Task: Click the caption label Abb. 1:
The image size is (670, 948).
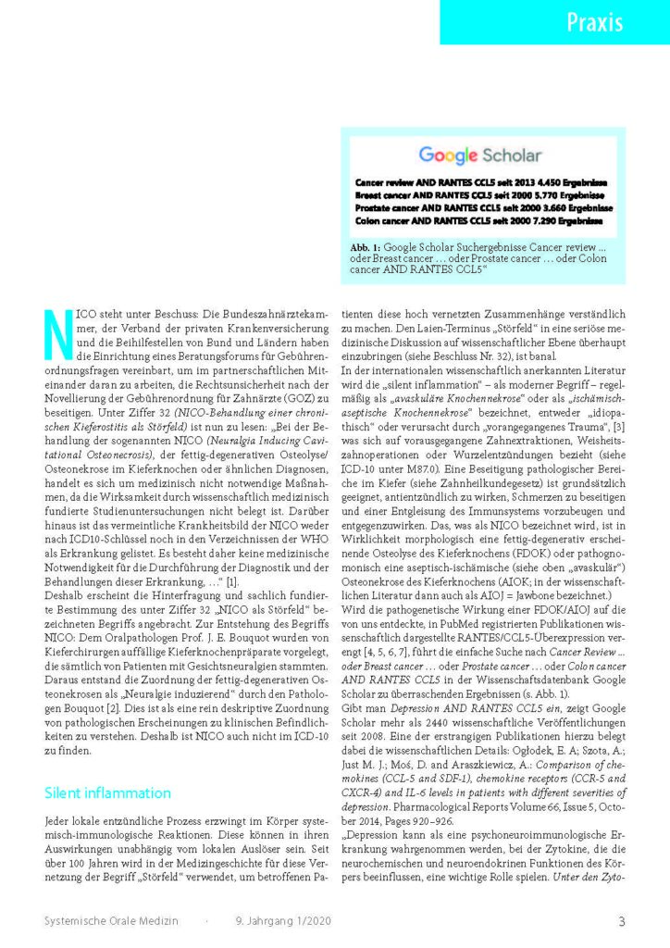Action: [x=366, y=247]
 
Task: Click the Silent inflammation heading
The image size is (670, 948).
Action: [x=107, y=792]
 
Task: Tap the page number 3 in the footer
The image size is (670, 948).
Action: [x=621, y=920]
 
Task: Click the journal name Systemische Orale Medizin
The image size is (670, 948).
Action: [x=112, y=920]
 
